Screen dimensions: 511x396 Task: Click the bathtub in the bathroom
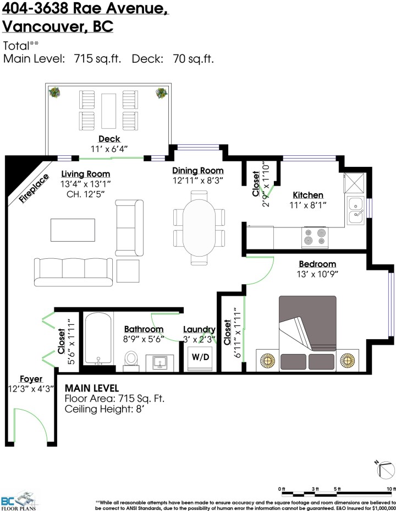[98, 338]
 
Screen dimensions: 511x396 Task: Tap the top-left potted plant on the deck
[55, 93]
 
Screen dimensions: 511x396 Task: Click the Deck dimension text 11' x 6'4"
[109, 148]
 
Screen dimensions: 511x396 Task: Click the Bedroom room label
[317, 264]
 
